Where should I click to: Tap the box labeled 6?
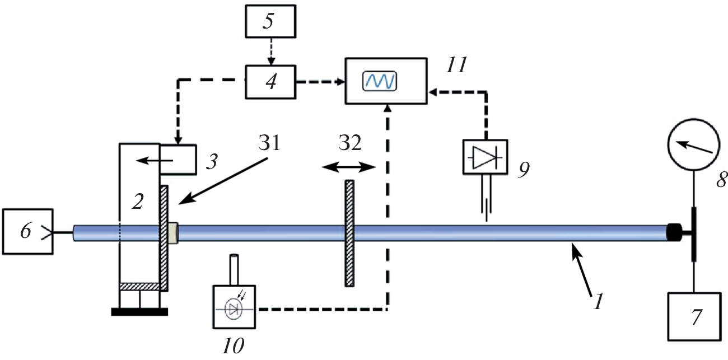pyautogui.click(x=27, y=232)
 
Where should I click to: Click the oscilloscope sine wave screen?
pyautogui.click(x=380, y=81)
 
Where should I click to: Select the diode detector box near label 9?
pyautogui.click(x=484, y=157)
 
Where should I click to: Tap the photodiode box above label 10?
pyautogui.click(x=235, y=307)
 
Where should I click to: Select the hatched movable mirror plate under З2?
pyautogui.click(x=349, y=233)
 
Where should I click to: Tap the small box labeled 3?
pyautogui.click(x=178, y=160)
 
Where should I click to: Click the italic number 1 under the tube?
pyautogui.click(x=598, y=303)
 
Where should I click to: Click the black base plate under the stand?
pyautogui.click(x=139, y=311)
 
